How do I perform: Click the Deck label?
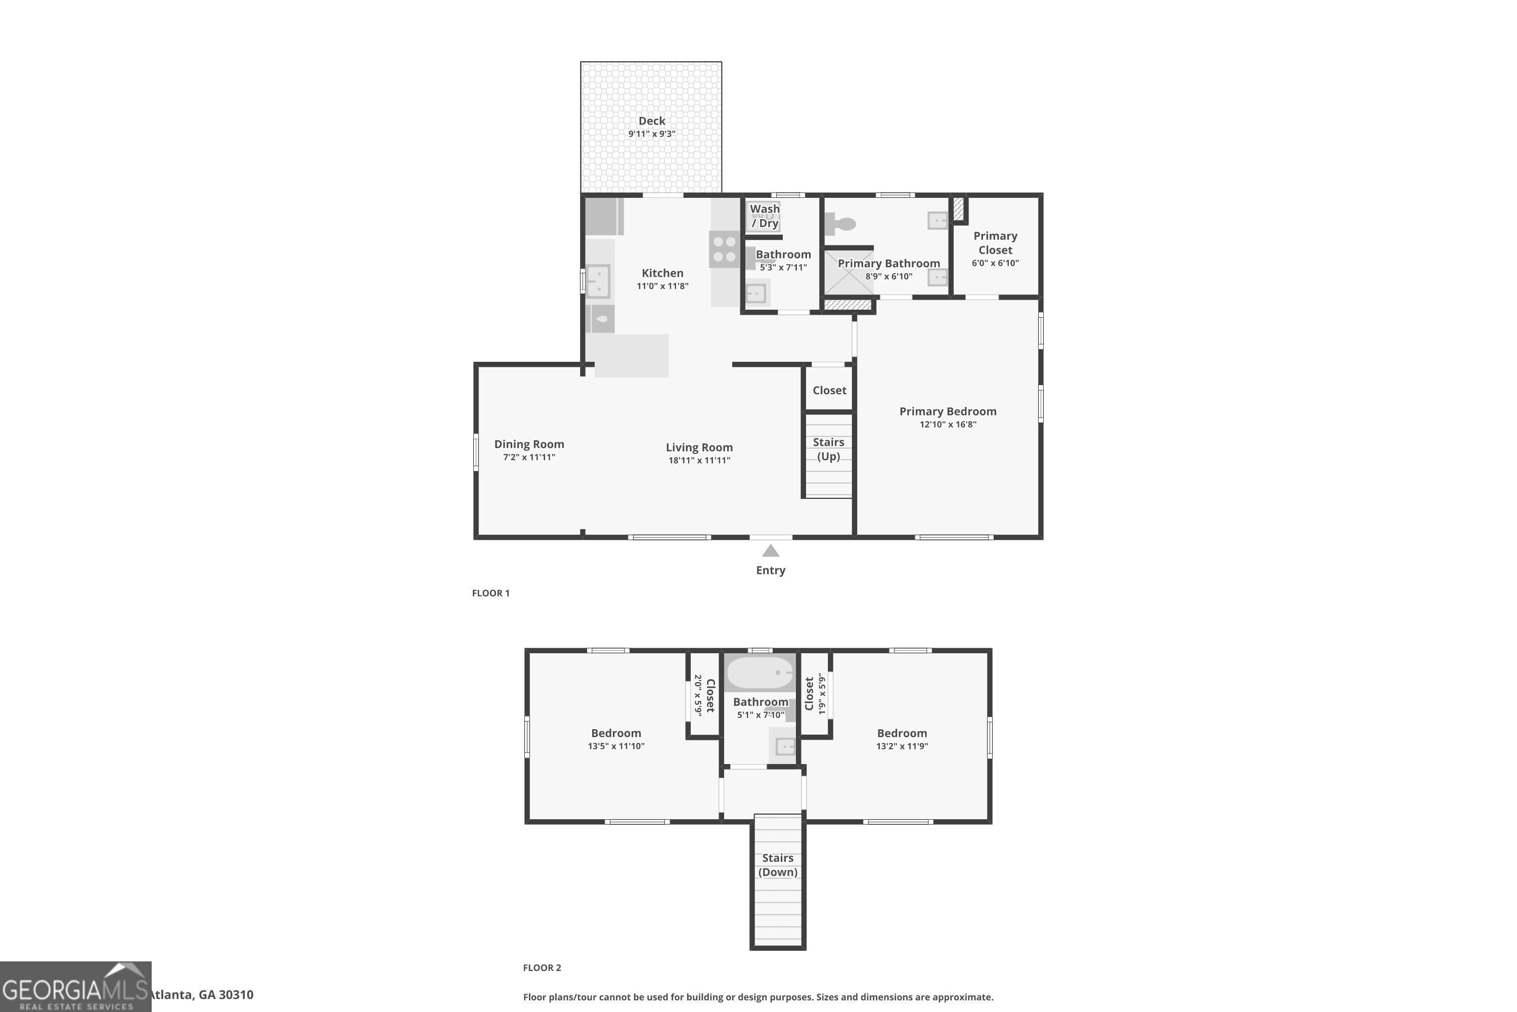pos(651,121)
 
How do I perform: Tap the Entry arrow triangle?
pos(770,551)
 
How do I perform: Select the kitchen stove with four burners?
pos(724,249)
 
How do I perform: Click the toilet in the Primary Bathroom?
pos(841,224)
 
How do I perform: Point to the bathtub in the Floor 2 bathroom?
pos(760,672)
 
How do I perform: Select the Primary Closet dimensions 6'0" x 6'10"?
pos(995,263)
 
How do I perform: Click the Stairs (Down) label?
pos(777,865)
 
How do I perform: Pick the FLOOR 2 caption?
pos(542,967)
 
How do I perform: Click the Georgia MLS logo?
pos(75,987)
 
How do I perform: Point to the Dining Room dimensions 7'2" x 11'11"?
pos(529,457)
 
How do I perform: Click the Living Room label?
pos(699,447)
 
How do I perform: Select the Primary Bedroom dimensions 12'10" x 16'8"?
pos(948,425)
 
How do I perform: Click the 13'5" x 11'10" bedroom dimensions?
pos(615,746)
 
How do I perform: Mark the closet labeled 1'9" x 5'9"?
pos(815,694)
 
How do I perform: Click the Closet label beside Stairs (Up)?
pos(829,391)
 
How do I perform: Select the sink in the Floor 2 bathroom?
pos(784,747)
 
